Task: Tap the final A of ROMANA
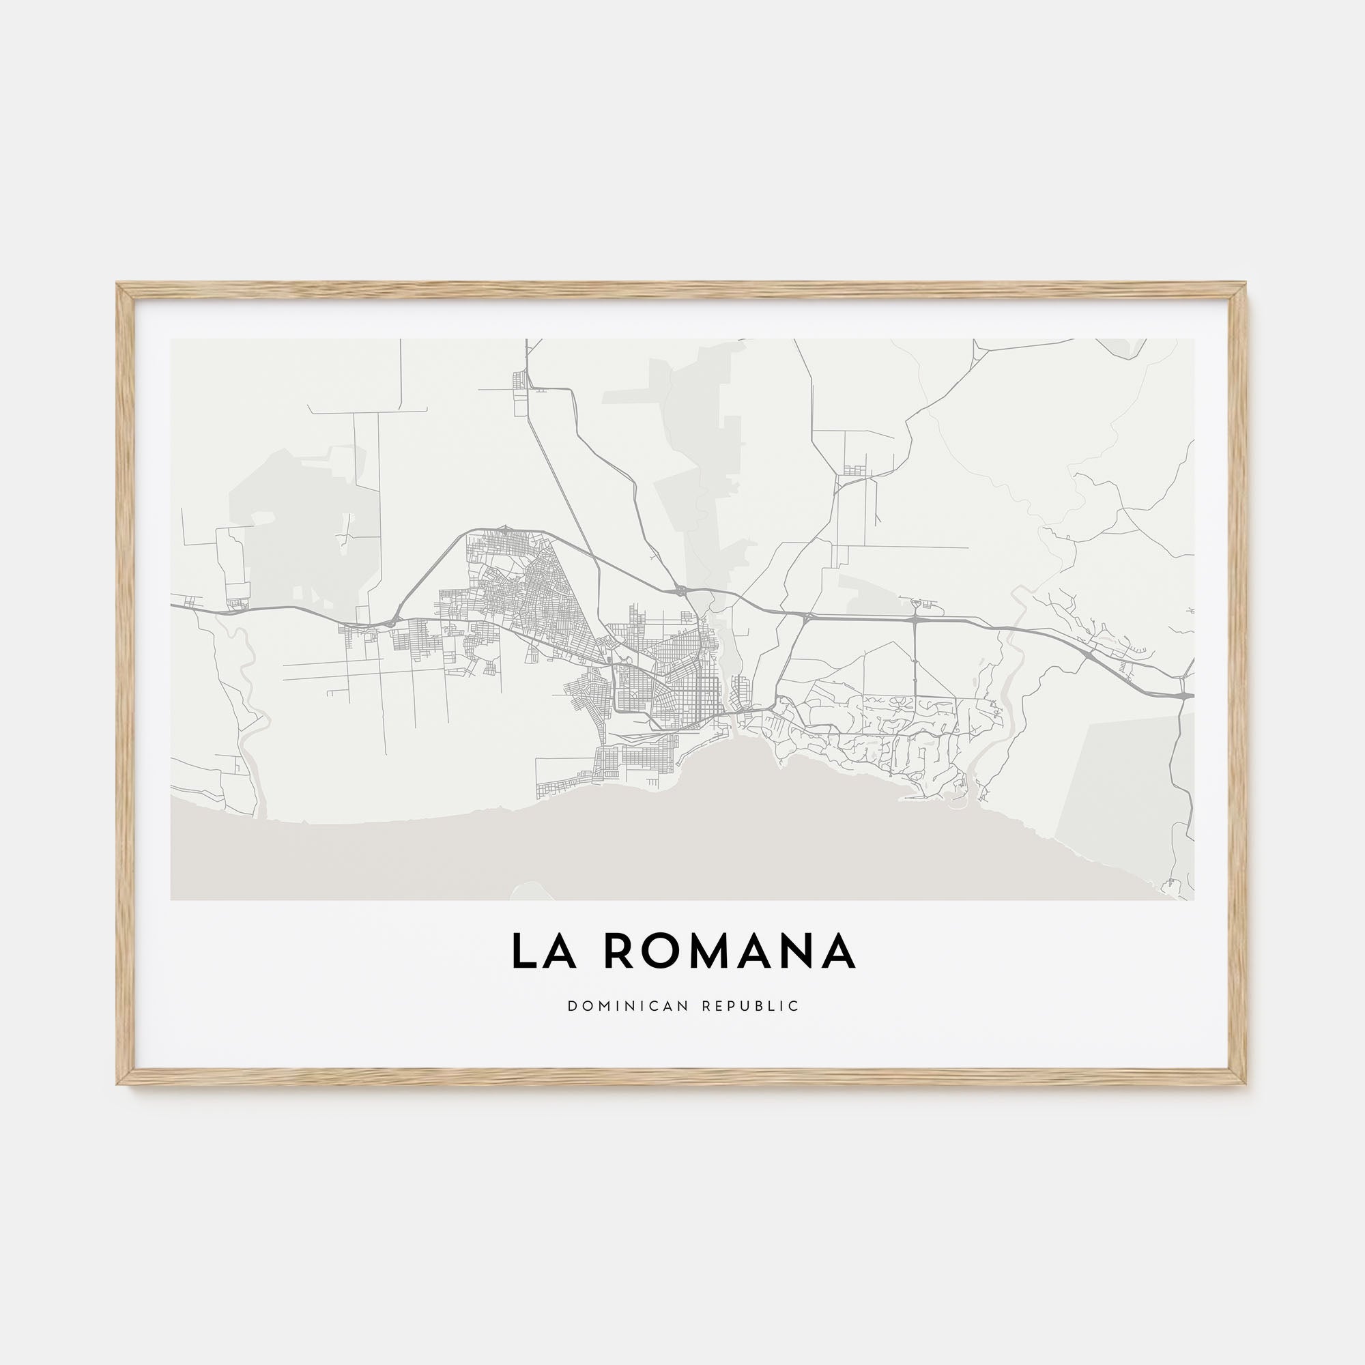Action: [x=839, y=952]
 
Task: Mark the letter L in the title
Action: [x=522, y=952]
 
